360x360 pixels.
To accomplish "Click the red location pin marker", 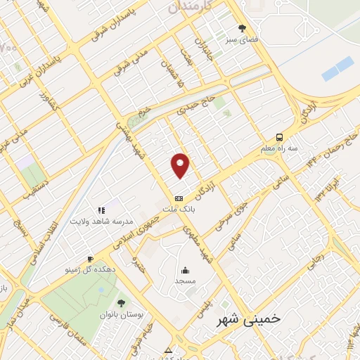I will (181, 165).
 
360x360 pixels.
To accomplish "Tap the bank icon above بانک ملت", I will (179, 198).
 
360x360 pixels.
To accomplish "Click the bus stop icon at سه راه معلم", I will (280, 138).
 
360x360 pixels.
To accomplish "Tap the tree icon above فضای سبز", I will (243, 29).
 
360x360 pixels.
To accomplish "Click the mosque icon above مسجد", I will (185, 270).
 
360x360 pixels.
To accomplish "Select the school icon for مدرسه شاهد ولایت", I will (101, 210).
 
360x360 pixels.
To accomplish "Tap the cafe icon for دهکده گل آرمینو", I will (90, 259).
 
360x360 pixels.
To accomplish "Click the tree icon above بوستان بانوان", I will (121, 303).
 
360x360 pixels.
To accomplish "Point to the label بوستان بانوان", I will (121, 314).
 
